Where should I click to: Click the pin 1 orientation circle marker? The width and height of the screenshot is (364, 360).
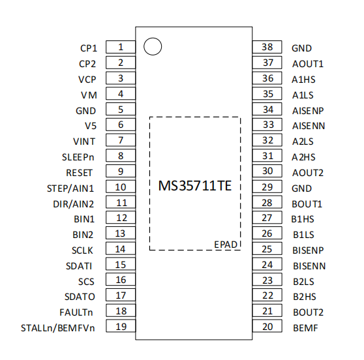pyautogui.click(x=153, y=38)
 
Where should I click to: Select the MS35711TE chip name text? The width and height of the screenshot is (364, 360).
pyautogui.click(x=195, y=186)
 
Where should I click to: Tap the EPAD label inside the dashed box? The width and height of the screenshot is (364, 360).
pyautogui.click(x=226, y=245)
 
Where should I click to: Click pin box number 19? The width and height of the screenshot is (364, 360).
pyautogui.click(x=121, y=326)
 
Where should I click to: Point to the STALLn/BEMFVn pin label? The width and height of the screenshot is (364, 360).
pyautogui.click(x=58, y=328)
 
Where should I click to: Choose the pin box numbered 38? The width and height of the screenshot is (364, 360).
pyautogui.click(x=267, y=47)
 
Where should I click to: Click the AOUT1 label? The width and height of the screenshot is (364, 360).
pyautogui.click(x=308, y=64)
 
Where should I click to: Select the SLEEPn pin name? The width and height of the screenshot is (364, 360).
pyautogui.click(x=78, y=157)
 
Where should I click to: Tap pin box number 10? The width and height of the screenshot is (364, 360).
pyautogui.click(x=121, y=187)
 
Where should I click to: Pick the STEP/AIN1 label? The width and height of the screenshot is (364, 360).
pyautogui.click(x=70, y=188)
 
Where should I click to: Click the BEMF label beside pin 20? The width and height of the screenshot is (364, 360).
pyautogui.click(x=305, y=328)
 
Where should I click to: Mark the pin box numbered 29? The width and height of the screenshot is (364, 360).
pyautogui.click(x=267, y=187)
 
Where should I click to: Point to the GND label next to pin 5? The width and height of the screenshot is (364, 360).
pyautogui.click(x=85, y=111)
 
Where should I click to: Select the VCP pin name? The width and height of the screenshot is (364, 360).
pyautogui.click(x=87, y=80)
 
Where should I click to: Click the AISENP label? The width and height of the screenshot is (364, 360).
pyautogui.click(x=308, y=111)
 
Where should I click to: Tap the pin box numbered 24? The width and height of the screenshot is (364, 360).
pyautogui.click(x=267, y=264)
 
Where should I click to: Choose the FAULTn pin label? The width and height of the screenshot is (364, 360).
pyautogui.click(x=76, y=312)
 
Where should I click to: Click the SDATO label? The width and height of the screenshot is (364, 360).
pyautogui.click(x=80, y=297)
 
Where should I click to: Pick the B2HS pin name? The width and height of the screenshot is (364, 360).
pyautogui.click(x=305, y=297)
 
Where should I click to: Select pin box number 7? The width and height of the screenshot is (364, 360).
pyautogui.click(x=121, y=140)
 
